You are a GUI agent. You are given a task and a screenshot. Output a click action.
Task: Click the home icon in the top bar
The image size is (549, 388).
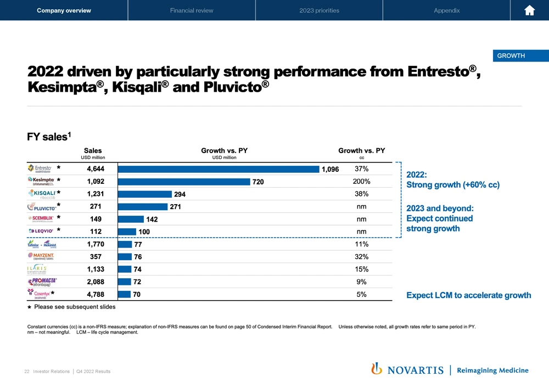coord(530,11)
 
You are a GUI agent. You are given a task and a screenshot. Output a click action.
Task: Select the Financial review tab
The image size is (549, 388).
coord(192,10)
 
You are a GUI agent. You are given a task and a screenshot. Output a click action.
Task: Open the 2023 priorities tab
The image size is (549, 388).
coord(319,10)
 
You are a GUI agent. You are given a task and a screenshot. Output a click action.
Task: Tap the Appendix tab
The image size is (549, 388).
coord(446,10)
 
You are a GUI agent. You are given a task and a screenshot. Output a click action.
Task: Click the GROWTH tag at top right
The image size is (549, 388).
coord(511,55)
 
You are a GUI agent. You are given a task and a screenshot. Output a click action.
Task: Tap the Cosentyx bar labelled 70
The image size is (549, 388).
coord(125,294)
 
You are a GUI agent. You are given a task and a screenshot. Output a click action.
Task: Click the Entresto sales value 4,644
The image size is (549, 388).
coord(96,168)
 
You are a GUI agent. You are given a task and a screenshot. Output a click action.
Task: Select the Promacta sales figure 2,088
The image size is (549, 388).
coord(96,282)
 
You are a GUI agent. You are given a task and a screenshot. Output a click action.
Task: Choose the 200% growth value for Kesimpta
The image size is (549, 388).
coord(361,181)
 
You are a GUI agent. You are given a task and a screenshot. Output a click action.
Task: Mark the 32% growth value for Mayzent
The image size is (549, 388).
coord(361,256)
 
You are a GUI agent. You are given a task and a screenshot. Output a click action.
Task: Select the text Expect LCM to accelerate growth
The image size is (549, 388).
coord(468,295)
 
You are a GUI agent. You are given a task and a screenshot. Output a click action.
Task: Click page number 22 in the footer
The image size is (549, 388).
coord(26,372)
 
